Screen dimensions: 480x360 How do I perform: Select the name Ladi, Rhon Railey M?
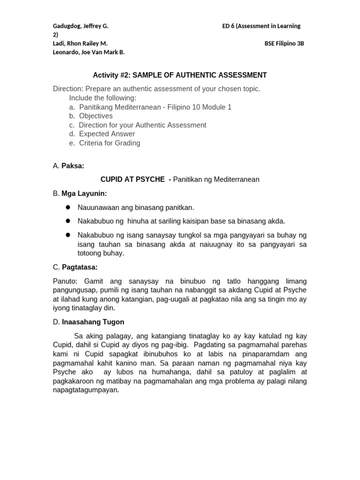click(80, 44)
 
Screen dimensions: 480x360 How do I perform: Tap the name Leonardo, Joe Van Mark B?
click(89, 52)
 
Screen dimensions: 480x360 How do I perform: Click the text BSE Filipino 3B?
click(284, 44)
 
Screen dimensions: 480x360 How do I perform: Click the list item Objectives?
click(96, 116)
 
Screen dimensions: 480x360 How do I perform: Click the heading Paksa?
click(73, 165)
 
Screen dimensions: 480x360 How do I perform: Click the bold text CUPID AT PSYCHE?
click(133, 180)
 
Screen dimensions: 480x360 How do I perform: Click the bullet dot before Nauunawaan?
click(68, 207)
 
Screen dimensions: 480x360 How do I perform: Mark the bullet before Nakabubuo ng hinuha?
click(68, 221)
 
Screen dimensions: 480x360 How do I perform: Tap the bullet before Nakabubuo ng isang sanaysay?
click(68, 235)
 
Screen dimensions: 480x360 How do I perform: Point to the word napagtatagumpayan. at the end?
click(86, 390)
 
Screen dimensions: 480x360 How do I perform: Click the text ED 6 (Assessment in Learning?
click(261, 26)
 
